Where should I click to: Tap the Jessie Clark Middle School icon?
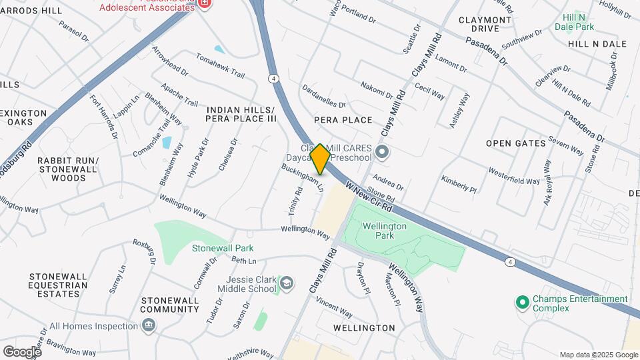(286, 284)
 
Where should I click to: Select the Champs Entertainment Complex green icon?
(523, 303)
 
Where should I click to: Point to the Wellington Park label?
(385, 231)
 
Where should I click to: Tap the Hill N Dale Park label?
(577, 22)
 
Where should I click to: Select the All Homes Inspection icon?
(148, 325)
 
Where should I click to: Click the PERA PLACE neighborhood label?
(343, 120)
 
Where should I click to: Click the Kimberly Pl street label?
(459, 185)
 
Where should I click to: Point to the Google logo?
(22, 351)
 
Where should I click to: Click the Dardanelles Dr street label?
(324, 96)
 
